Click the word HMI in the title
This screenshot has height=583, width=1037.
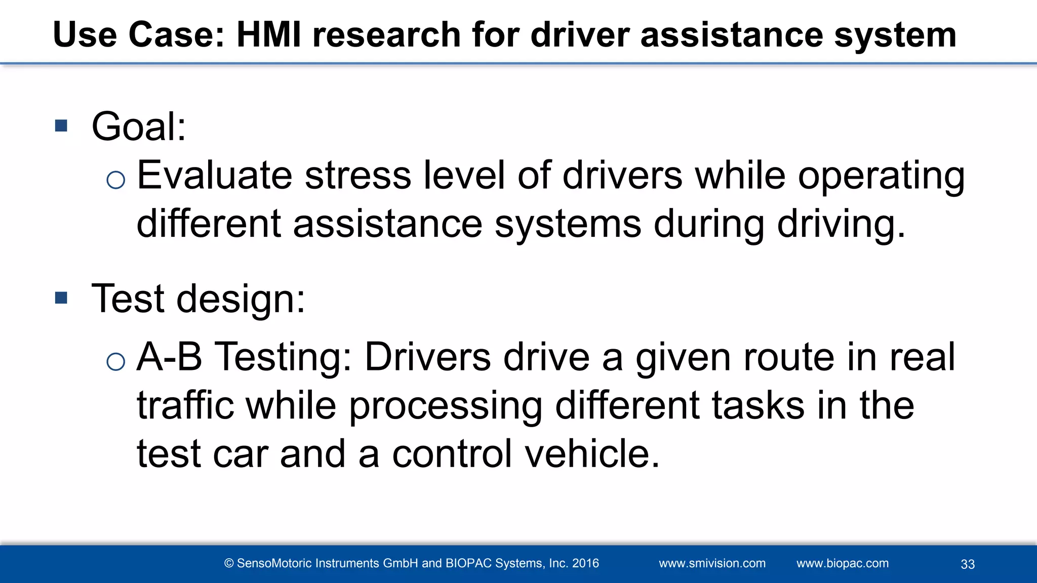(x=269, y=35)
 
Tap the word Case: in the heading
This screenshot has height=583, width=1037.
(x=176, y=35)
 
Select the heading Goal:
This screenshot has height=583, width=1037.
(x=139, y=127)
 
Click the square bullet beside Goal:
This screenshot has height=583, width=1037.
(x=61, y=126)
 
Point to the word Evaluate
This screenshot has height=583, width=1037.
(x=215, y=175)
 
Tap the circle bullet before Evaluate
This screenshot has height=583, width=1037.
(x=116, y=180)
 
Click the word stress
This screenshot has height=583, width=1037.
(x=358, y=175)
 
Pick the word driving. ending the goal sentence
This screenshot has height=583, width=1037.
(x=841, y=224)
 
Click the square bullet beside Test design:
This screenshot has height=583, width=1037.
(x=61, y=298)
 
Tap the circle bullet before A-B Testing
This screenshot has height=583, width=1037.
(x=116, y=361)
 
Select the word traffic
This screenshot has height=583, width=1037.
(x=185, y=405)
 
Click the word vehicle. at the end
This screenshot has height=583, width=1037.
(x=592, y=453)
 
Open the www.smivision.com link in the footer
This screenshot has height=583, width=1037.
(x=712, y=563)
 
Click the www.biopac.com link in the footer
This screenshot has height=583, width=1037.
(x=842, y=563)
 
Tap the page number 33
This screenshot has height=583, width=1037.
(x=968, y=564)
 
